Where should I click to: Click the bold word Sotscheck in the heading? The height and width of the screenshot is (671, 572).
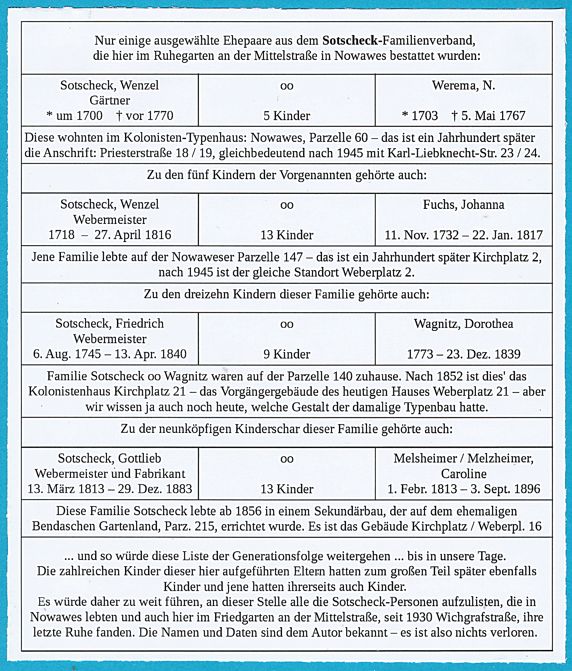coord(350,41)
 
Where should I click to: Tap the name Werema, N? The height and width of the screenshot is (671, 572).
coord(463,86)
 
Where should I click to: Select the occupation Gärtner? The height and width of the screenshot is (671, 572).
coord(110,100)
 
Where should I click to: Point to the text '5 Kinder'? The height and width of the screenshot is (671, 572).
coord(287,116)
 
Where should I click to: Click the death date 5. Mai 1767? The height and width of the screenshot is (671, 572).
coord(493,116)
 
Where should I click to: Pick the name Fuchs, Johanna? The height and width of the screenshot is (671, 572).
coord(463,205)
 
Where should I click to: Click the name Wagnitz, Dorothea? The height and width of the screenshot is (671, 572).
coord(463,324)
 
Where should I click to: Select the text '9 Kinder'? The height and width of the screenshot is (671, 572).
coord(287,354)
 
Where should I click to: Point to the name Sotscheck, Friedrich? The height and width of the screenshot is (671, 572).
coord(110,324)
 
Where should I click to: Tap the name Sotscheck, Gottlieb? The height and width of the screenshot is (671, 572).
coord(110,459)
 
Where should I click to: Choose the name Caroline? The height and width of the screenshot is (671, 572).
coord(463,474)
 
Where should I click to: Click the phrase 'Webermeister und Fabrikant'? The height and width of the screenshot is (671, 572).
coord(110,474)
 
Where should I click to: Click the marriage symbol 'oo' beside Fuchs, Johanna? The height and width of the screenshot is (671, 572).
coord(287,205)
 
